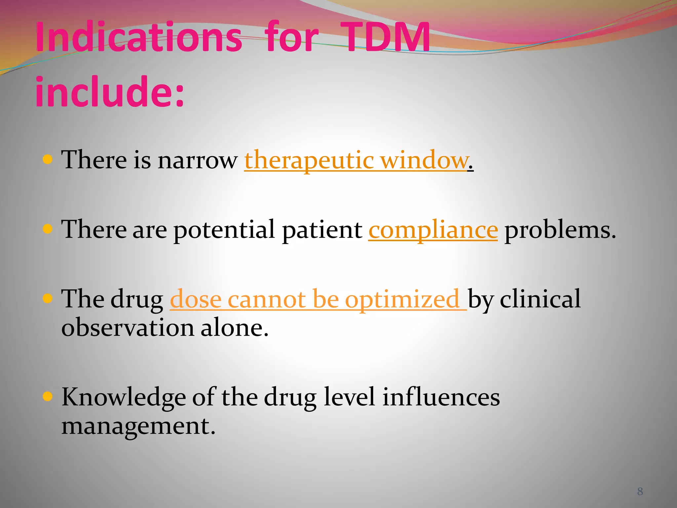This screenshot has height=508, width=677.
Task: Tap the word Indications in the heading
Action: coord(139,37)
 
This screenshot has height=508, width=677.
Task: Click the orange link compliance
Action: coord(433,230)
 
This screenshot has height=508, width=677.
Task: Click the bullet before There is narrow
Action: coord(48,160)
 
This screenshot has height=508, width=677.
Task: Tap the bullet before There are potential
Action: coord(48,229)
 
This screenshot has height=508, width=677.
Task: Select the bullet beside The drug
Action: coord(48,299)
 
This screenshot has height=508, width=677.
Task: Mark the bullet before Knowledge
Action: coord(48,396)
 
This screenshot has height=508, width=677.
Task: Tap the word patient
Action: coord(322,230)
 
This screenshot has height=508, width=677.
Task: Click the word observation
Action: coord(128,328)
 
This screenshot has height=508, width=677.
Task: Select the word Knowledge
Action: coord(124,397)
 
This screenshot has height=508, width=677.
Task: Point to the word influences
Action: coord(441,397)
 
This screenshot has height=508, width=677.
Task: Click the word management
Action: coord(138,426)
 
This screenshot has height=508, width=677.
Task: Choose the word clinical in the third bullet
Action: coord(540,299)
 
